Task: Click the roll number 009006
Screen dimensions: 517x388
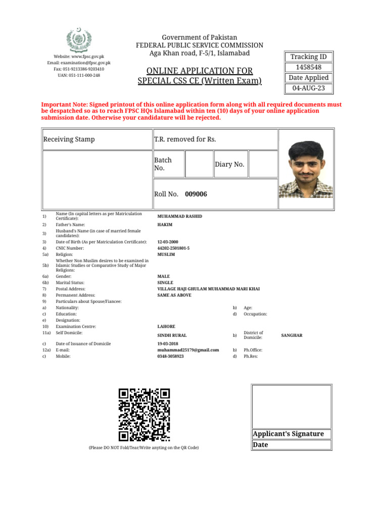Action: coord(196,194)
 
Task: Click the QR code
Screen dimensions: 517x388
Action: coord(144,415)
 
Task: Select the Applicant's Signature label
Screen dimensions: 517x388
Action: coord(288,434)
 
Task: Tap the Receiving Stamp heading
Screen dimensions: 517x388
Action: coord(69,139)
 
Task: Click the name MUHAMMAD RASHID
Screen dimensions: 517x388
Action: coord(180,216)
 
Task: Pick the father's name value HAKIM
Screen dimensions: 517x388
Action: coord(165,225)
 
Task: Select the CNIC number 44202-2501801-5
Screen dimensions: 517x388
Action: coord(174,248)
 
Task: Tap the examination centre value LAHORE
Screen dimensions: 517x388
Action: coord(166,327)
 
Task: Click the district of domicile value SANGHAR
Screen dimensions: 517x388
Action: coord(292,335)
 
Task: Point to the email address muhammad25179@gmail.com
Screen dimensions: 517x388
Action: coord(188,350)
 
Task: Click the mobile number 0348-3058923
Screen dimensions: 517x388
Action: coord(171,356)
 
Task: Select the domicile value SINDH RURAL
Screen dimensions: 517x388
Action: coord(172,335)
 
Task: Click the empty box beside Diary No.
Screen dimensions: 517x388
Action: coord(262,165)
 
